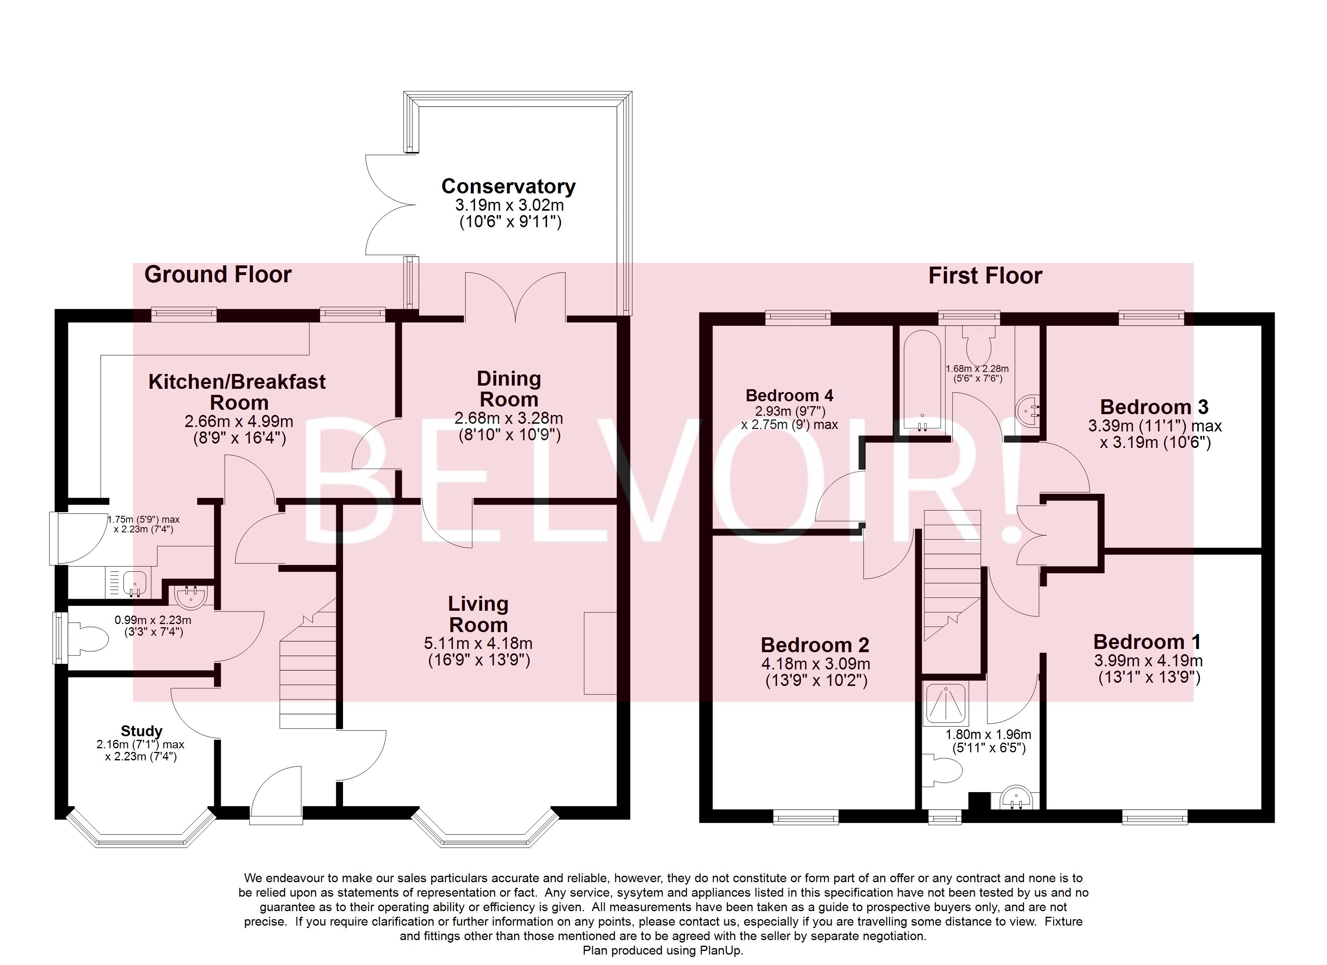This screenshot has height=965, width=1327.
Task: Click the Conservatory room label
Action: tap(508, 186)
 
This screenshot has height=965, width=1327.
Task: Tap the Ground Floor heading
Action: tap(218, 275)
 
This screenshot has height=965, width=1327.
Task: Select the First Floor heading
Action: tap(985, 276)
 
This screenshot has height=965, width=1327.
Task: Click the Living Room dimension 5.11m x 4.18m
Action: tap(478, 644)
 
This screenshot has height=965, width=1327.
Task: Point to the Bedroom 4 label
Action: tap(789, 396)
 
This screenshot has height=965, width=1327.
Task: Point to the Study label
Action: tap(141, 731)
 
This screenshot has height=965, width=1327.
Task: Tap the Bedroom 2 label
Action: tap(814, 645)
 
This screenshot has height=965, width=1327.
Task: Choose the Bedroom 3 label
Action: tap(1154, 407)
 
